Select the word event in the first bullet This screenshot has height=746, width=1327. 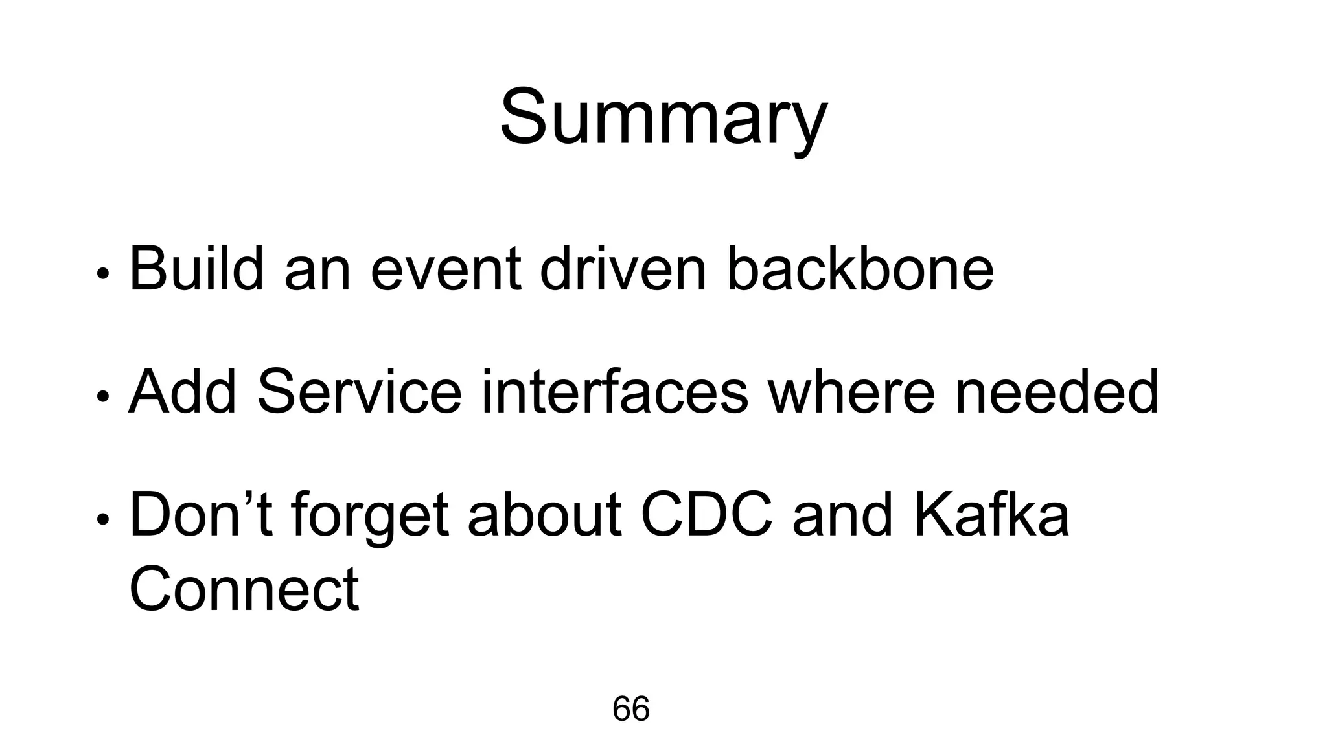tap(446, 269)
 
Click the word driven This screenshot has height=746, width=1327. tap(623, 269)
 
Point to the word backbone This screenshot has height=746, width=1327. tap(860, 269)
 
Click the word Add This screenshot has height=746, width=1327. tap(183, 392)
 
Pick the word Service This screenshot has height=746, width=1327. tap(360, 392)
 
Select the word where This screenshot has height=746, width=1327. tap(851, 392)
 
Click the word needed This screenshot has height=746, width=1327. tap(1056, 392)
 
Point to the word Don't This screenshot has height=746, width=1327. tap(201, 515)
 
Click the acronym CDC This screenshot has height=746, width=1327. tap(707, 515)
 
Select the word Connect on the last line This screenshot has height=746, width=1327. tap(244, 589)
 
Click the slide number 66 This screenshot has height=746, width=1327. tap(630, 709)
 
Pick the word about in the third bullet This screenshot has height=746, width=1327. tap(545, 515)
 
